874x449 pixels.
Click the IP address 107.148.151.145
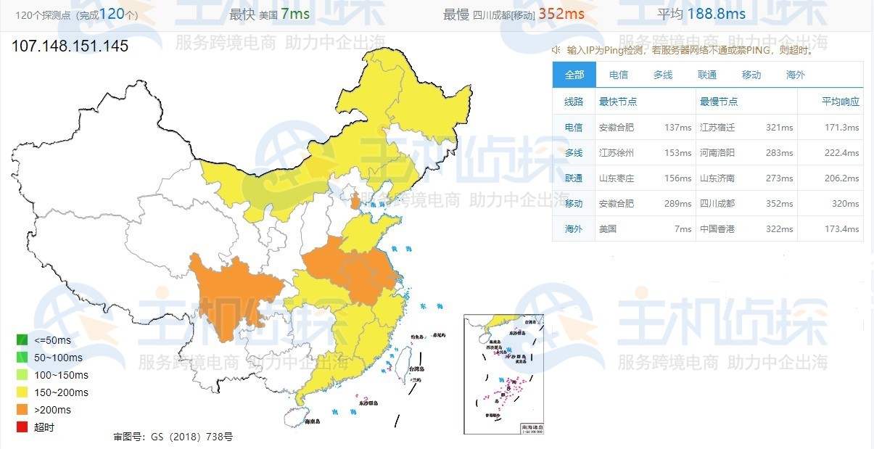click(70, 46)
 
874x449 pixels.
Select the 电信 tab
click(619, 75)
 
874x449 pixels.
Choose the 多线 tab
click(663, 75)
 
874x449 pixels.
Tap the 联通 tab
click(707, 75)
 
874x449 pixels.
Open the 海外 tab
click(796, 75)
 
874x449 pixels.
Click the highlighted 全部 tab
click(574, 75)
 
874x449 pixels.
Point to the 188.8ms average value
click(722, 14)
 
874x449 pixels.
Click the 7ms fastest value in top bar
click(294, 14)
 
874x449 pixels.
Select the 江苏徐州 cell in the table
click(616, 153)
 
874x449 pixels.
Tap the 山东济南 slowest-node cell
click(717, 178)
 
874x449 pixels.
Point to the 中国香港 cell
click(717, 229)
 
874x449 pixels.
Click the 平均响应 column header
click(841, 102)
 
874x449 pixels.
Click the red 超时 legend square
click(22, 427)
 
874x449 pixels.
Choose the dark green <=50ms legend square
click(22, 340)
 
